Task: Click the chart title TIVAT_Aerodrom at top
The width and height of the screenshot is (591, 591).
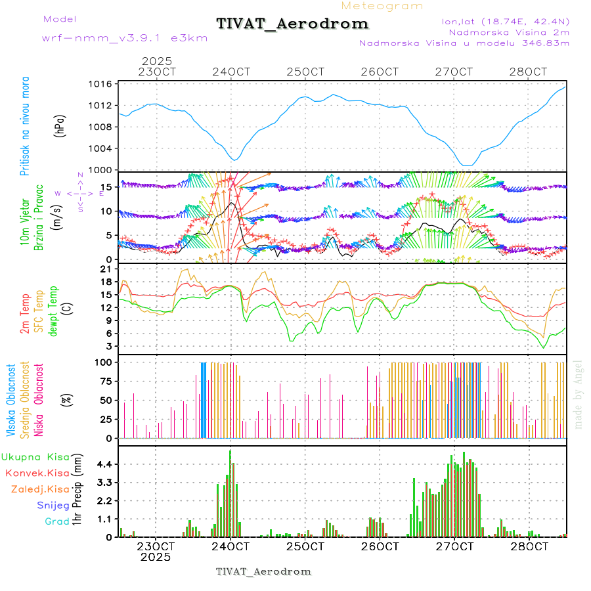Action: pos(292,24)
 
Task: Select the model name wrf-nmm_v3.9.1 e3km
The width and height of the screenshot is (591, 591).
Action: pos(125,38)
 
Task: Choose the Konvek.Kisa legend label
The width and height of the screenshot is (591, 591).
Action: pos(37,473)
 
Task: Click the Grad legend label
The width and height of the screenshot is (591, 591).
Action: pos(57,522)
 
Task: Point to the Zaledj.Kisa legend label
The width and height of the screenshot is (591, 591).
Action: pos(40,489)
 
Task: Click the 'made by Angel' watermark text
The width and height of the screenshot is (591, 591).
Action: pos(579,394)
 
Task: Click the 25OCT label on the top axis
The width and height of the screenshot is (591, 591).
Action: pos(306,72)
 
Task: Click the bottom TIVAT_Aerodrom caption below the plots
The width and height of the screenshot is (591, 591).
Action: pos(263,571)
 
